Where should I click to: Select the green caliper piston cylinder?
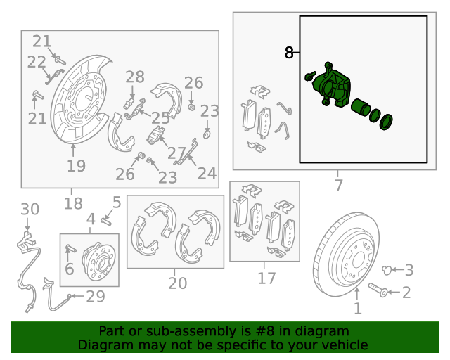click(361, 108)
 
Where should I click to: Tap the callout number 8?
click(289, 52)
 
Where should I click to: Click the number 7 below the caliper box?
click(338, 186)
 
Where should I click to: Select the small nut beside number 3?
click(385, 269)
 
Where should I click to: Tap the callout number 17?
click(266, 278)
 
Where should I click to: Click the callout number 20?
click(177, 283)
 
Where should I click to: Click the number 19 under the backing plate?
click(76, 167)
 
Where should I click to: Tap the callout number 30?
click(30, 209)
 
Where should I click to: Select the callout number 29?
click(95, 297)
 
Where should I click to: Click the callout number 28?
click(135, 77)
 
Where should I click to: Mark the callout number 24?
click(207, 172)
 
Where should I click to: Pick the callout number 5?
click(117, 203)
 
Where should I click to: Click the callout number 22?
click(37, 63)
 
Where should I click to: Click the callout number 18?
click(73, 204)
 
